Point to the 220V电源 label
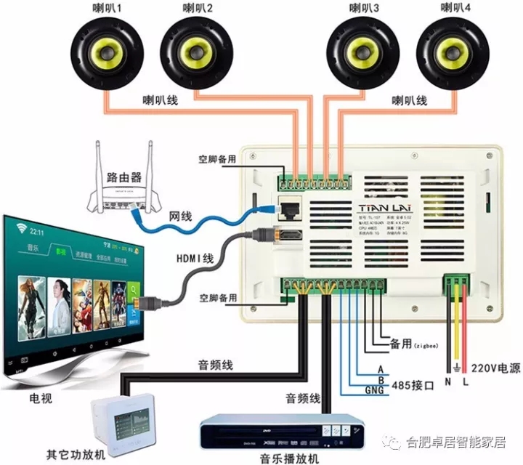[496, 368]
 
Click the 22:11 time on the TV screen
[37, 231]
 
